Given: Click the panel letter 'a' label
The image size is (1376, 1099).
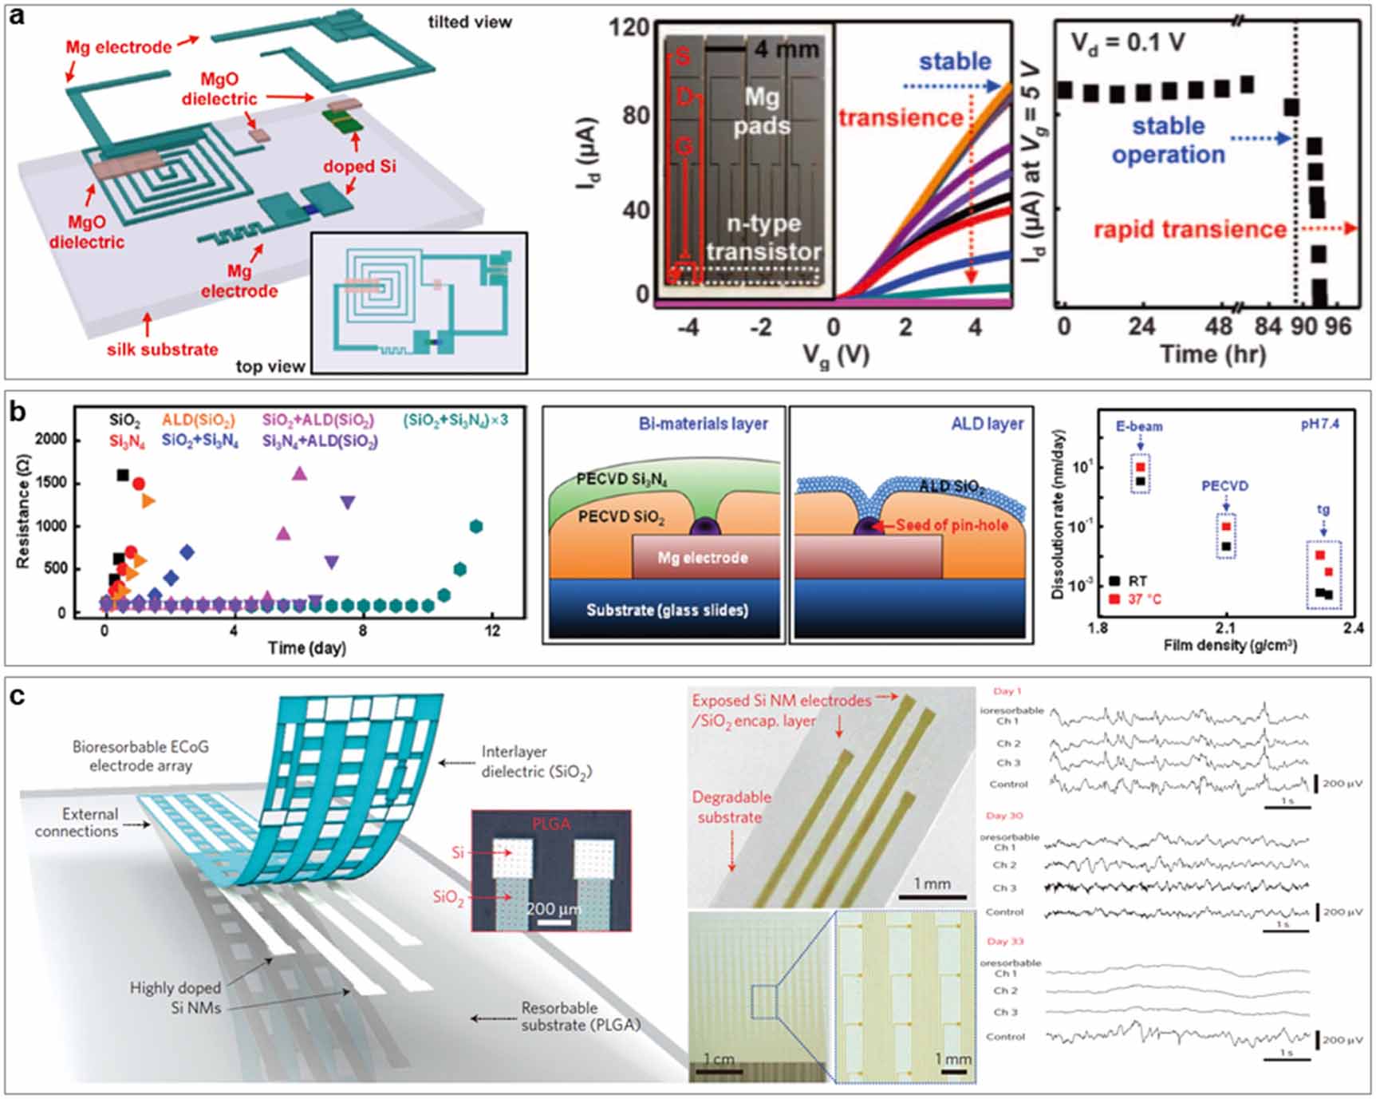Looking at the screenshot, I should pos(16,16).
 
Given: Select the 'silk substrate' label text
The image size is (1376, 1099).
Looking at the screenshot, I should pos(162,350).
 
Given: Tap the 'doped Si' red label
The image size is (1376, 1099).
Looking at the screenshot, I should pos(359,167).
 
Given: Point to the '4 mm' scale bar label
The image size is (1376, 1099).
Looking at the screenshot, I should pos(787,49).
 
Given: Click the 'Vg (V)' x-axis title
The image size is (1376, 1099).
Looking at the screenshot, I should pos(834,355).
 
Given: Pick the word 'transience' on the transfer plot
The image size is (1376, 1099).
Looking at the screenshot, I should pos(901,118).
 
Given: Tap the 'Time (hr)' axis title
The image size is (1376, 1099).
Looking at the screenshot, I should pos(1212,354).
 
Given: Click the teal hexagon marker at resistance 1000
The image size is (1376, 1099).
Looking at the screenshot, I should pos(476,526).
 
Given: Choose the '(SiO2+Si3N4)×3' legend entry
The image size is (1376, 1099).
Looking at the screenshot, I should pos(455,420).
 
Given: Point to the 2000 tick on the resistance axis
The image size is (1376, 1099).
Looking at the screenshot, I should pos(51,440).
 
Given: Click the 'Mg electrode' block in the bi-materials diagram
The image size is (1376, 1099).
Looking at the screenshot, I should pos(703,558).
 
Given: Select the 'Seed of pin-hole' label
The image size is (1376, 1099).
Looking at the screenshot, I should pos(952,525).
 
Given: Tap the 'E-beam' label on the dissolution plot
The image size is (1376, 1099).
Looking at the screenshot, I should pos(1138,426).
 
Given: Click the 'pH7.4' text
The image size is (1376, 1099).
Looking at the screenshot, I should pos(1319,424).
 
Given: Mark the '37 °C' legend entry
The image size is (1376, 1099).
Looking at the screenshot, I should pos(1144,599).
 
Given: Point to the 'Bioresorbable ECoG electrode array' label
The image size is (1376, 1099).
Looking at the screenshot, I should pos(140,756).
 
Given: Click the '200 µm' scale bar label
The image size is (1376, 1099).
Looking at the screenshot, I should pos(553,909).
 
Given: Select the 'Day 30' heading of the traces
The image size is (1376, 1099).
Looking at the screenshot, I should pos(1003,816).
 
